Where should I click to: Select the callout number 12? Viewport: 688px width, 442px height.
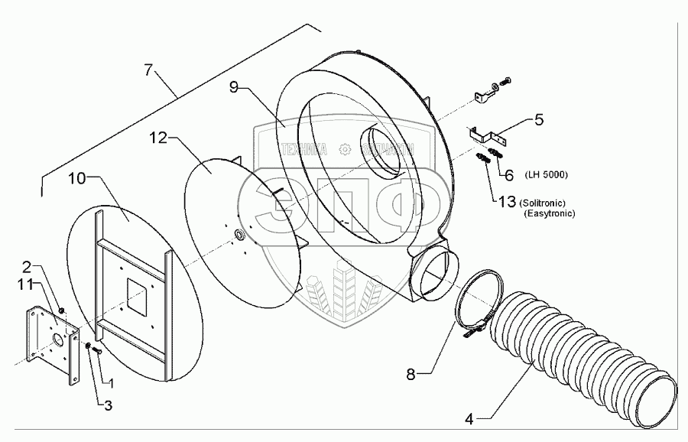[x=158, y=139]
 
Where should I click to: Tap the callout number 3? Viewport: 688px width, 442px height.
[x=108, y=405]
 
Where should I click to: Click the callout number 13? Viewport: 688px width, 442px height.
[x=507, y=203]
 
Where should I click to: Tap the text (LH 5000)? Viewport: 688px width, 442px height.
[x=546, y=175]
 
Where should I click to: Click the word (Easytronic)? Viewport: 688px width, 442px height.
[x=549, y=214]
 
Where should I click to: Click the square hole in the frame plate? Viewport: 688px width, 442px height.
[x=140, y=296]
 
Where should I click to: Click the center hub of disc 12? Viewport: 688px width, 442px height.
[x=240, y=234]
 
